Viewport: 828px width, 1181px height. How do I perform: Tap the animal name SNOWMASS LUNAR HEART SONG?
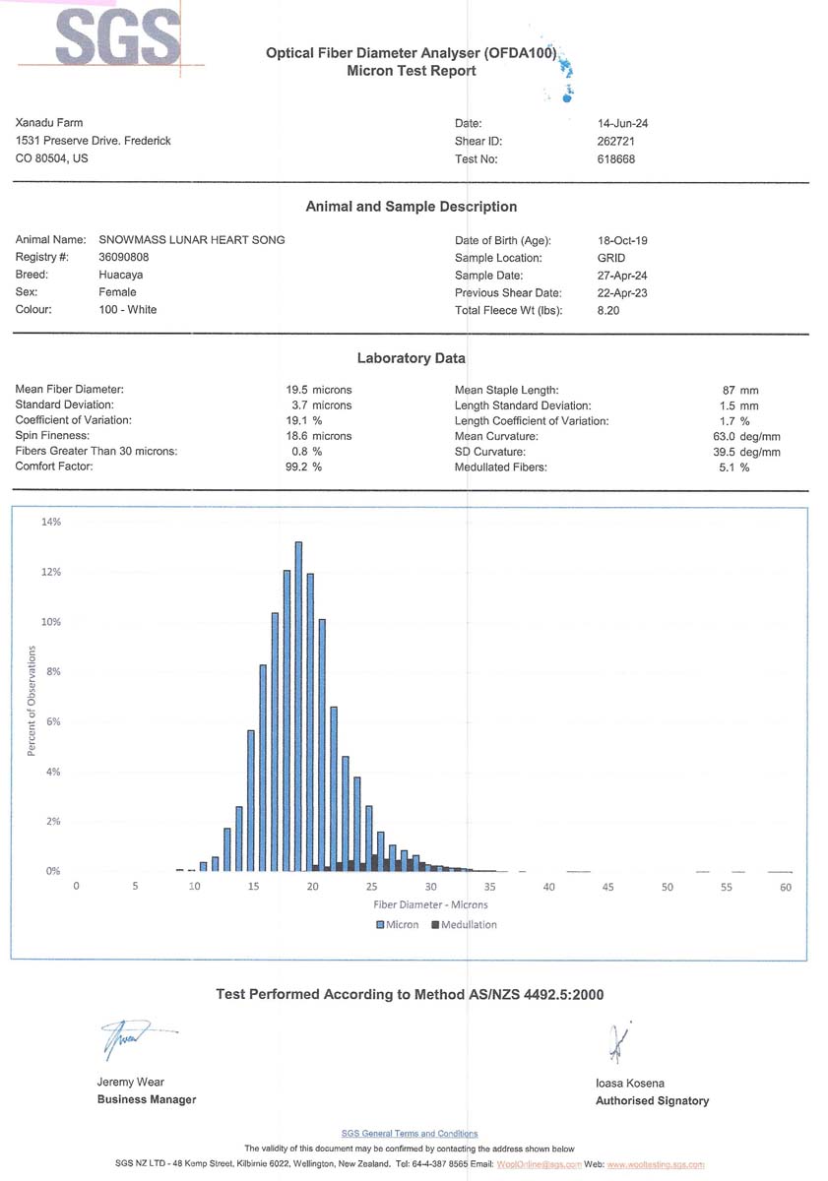(192, 240)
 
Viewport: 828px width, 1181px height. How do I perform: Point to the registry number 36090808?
(124, 257)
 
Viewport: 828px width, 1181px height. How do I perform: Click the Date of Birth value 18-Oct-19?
(622, 240)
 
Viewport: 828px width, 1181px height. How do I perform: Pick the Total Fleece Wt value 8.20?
(610, 310)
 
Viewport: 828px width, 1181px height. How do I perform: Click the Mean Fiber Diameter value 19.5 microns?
(318, 390)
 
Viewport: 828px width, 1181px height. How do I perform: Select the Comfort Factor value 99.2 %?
(303, 466)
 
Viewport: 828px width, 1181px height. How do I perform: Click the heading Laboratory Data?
(411, 358)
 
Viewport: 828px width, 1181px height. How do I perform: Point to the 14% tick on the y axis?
(50, 523)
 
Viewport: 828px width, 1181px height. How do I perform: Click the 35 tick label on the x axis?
(490, 888)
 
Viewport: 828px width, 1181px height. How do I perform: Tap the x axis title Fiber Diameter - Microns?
(430, 904)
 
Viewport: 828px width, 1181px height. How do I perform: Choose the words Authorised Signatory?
(652, 1101)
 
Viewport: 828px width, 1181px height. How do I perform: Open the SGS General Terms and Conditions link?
(410, 1134)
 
